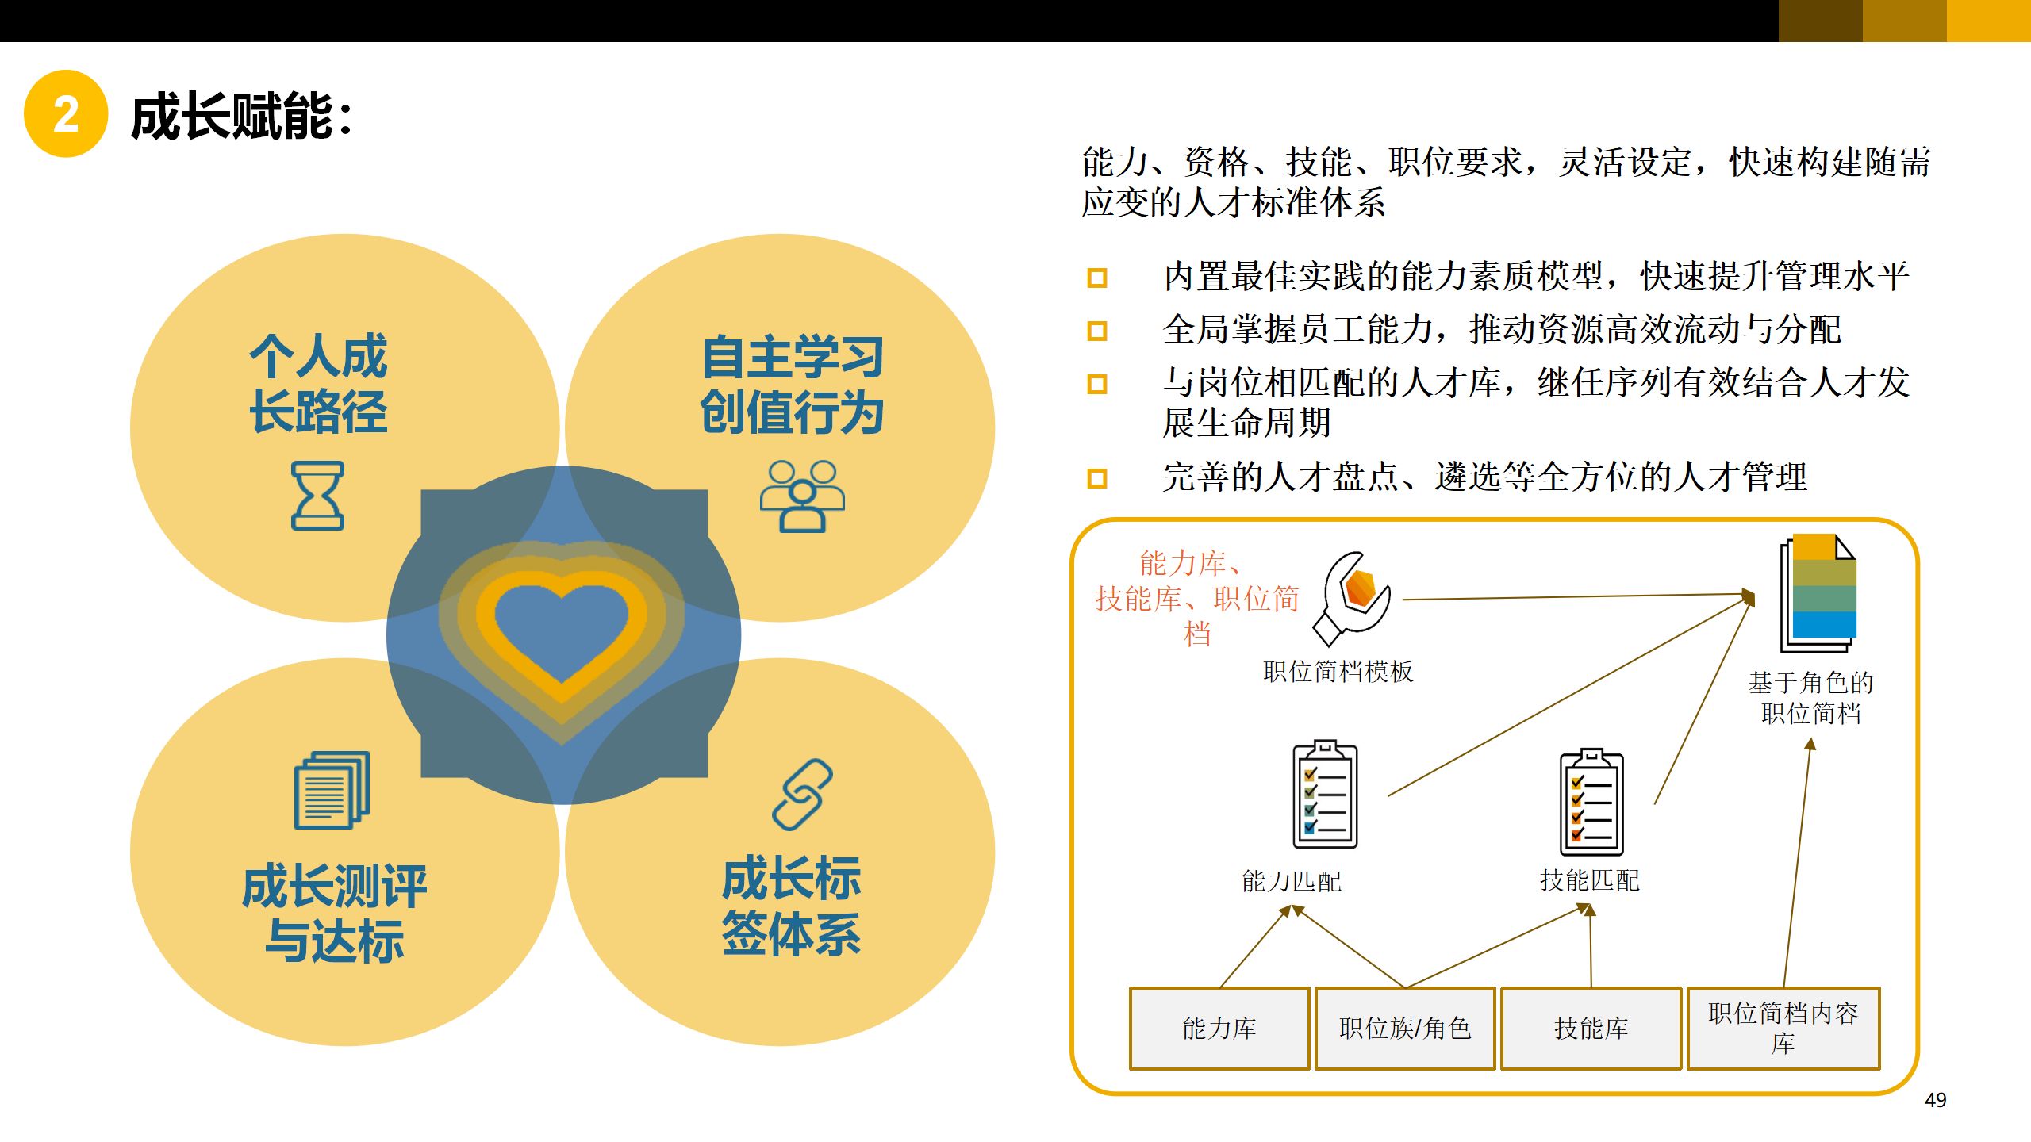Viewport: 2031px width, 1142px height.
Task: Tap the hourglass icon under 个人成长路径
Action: pos(317,495)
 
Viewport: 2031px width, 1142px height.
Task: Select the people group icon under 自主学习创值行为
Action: pos(802,495)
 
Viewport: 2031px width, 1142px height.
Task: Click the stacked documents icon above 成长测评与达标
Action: pos(332,790)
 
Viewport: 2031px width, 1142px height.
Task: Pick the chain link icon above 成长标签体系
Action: pos(802,795)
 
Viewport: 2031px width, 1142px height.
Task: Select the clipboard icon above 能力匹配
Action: pos(1325,795)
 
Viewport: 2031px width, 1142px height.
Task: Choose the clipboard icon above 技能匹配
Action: pos(1591,802)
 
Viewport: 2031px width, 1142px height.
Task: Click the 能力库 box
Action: pos(1219,1029)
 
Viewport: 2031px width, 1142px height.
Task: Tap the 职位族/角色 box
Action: pos(1405,1029)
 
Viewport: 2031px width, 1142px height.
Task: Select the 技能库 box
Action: pos(1591,1029)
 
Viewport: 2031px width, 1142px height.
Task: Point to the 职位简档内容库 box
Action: pos(1783,1029)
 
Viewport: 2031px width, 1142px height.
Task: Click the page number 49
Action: pos(1935,1100)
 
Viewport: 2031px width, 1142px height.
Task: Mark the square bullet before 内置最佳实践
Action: pos(1097,278)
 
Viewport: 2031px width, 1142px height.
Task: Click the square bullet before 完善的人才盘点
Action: pos(1097,478)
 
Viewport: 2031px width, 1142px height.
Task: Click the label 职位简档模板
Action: pos(1338,672)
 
